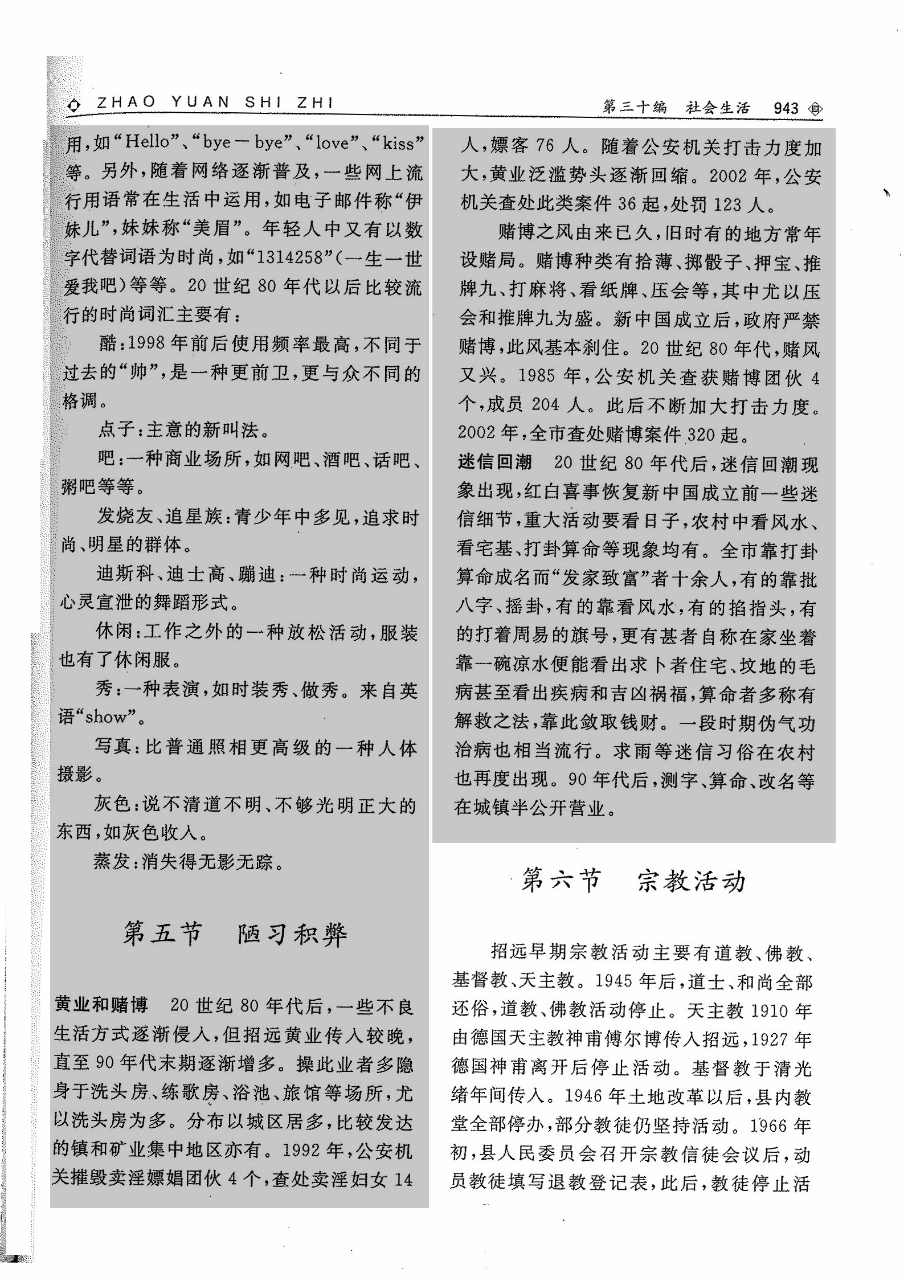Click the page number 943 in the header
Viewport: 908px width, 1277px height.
point(786,108)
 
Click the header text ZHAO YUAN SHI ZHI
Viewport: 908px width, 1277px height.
point(215,103)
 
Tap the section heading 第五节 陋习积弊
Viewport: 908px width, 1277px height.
point(235,935)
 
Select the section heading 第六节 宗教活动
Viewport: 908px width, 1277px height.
point(633,882)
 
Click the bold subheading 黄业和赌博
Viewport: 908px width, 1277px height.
point(101,1005)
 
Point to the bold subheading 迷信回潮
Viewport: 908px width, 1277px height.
point(494,462)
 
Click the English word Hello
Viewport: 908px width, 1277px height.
point(147,142)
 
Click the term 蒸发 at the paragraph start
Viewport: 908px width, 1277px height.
point(112,862)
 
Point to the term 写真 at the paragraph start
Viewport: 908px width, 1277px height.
point(113,746)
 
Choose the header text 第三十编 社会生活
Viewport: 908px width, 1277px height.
point(676,108)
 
